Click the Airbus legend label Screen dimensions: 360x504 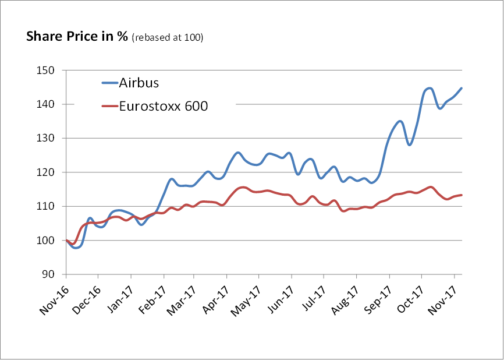pos(140,83)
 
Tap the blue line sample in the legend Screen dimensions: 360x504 pos(109,83)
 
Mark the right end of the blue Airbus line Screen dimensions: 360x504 pos(462,89)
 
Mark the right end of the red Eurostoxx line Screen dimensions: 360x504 pos(462,195)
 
